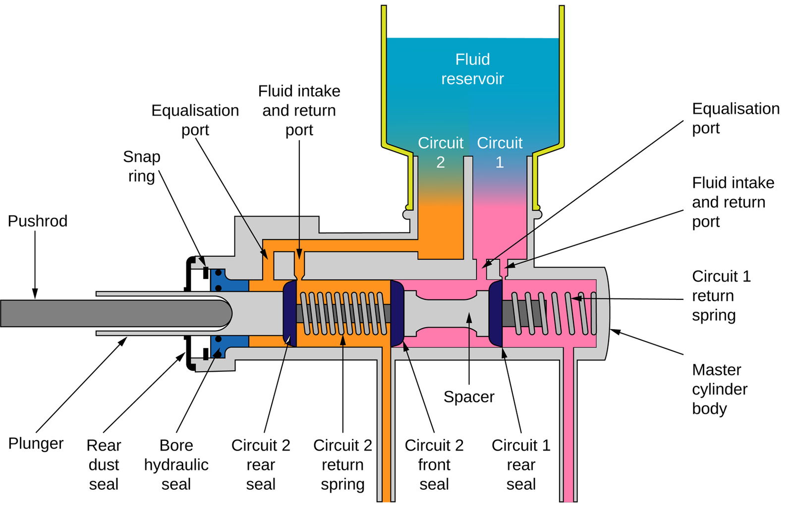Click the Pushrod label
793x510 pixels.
pyautogui.click(x=38, y=221)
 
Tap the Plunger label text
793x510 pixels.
pyautogui.click(x=36, y=443)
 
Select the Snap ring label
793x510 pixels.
pyautogui.click(x=142, y=167)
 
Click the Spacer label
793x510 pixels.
pyautogui.click(x=469, y=397)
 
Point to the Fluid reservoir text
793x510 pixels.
pyautogui.click(x=472, y=69)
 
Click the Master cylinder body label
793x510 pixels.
pyautogui.click(x=719, y=389)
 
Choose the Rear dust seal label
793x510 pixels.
pyautogui.click(x=104, y=464)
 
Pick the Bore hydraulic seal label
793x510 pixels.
pyautogui.click(x=176, y=464)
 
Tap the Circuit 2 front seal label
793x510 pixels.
pyautogui.click(x=434, y=464)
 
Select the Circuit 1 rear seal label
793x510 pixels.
pyautogui.click(x=521, y=464)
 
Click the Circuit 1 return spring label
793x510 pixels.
pyautogui.click(x=721, y=295)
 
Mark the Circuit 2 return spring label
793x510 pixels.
pyautogui.click(x=342, y=464)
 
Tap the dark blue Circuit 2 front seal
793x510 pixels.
pyautogui.click(x=397, y=313)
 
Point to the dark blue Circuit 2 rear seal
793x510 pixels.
pyautogui.click(x=289, y=313)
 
